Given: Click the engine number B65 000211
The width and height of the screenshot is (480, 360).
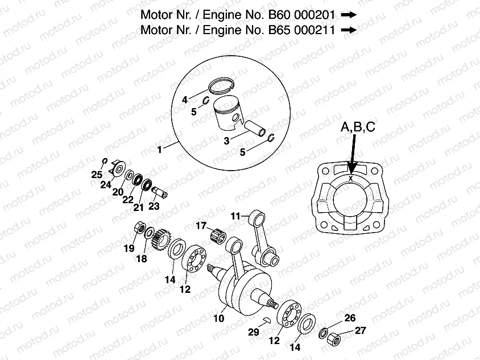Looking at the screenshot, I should pos(303,31).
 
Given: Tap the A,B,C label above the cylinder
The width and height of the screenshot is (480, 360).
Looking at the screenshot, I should pos(358,129).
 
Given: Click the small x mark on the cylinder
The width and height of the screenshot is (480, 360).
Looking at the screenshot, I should pos(352,178).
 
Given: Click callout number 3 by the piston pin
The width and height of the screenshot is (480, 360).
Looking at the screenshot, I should pos(226,140).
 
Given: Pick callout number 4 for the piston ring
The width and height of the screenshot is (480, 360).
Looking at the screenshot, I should pos(185,100).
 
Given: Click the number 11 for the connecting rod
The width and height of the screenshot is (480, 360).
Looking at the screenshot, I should pos(236,216).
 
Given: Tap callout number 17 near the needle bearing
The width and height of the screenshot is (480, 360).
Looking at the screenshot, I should pos(201,226).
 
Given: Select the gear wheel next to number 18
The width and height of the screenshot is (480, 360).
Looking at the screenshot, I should pos(162,241).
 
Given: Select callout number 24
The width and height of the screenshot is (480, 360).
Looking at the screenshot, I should pos(106,184).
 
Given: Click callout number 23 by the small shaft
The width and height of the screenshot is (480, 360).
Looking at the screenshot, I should pos(154,206).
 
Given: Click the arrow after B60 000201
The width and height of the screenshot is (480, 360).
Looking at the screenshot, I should pos(349,15).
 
